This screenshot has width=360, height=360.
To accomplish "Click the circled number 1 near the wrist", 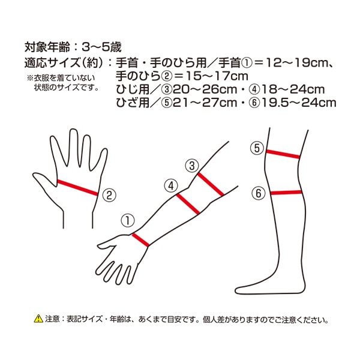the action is [x=128, y=221].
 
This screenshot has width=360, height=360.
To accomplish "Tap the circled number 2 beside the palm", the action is [x=109, y=196].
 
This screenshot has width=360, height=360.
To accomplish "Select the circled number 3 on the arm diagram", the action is [x=192, y=166].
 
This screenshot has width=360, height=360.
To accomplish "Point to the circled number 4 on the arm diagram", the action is [x=171, y=186].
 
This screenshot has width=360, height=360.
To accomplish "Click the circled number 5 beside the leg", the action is [x=257, y=148].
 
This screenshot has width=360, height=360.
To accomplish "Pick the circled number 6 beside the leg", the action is [x=259, y=193].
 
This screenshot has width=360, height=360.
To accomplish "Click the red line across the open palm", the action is [x=77, y=188].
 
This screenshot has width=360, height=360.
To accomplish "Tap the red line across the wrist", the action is [x=140, y=240].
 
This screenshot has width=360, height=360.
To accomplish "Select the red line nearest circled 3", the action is [x=211, y=184].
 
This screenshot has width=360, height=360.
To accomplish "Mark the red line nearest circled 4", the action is [x=188, y=204].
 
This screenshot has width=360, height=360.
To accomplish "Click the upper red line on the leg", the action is [x=283, y=154].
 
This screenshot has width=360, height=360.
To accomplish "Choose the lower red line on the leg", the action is [x=286, y=193].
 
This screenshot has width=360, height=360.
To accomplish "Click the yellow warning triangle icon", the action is [x=38, y=319].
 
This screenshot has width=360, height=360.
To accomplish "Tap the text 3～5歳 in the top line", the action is [x=101, y=47].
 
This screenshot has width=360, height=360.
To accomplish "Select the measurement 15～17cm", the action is [x=217, y=76].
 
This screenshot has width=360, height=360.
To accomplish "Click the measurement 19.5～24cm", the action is [x=299, y=103].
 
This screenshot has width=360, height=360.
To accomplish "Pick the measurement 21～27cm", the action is [x=205, y=103].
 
